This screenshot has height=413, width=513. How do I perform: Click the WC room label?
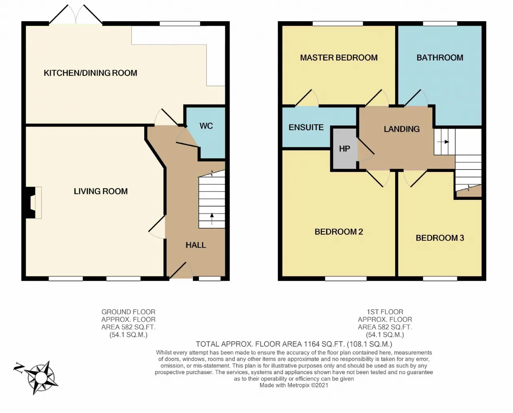coord(206,126)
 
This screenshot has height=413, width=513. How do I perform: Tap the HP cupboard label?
coord(344,149)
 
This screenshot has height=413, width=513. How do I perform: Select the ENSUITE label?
coord(306,127)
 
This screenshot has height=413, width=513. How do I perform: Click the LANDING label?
coord(402,129)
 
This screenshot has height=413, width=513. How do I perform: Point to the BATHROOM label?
coord(440,58)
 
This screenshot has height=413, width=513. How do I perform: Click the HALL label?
coord(196,245)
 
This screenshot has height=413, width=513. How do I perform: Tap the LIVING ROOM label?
coord(101,191)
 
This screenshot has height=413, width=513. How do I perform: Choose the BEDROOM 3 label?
coord(440,238)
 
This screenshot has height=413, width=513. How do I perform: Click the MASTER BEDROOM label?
coord(339,58)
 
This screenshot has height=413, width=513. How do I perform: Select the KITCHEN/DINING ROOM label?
coord(90,73)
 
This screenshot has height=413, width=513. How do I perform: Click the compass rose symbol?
coord(41,378)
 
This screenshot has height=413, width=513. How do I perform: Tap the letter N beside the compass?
coord(18,368)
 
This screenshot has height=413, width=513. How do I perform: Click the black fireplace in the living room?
coord(30,203)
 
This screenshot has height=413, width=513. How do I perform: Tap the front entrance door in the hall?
coord(181,270)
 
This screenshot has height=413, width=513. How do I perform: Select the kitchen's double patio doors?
coord(76,14)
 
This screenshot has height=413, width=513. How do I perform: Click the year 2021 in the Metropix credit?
coord(322,385)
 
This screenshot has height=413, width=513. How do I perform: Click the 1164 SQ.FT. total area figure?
coord(324,344)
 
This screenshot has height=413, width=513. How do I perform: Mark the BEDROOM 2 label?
coord(339,232)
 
